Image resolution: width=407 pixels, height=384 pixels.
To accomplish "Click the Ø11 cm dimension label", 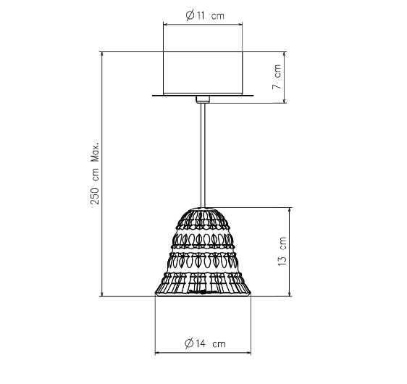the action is coord(205,16).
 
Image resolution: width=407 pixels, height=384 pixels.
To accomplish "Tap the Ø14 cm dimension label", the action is coord(205,343).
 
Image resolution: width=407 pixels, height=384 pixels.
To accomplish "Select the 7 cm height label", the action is coord(277,77).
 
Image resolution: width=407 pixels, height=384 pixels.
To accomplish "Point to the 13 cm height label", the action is coord(282,251).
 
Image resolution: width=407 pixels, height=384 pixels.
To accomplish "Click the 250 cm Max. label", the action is coord(95,173).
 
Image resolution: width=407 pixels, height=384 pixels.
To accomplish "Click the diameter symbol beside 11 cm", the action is coord(190,16).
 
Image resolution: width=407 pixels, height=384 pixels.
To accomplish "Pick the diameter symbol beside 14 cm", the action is coord(189,343).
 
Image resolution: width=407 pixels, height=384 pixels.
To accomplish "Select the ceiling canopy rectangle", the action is coord(203,72).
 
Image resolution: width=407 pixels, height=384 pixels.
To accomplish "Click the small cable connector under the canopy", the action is coord(203,99).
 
